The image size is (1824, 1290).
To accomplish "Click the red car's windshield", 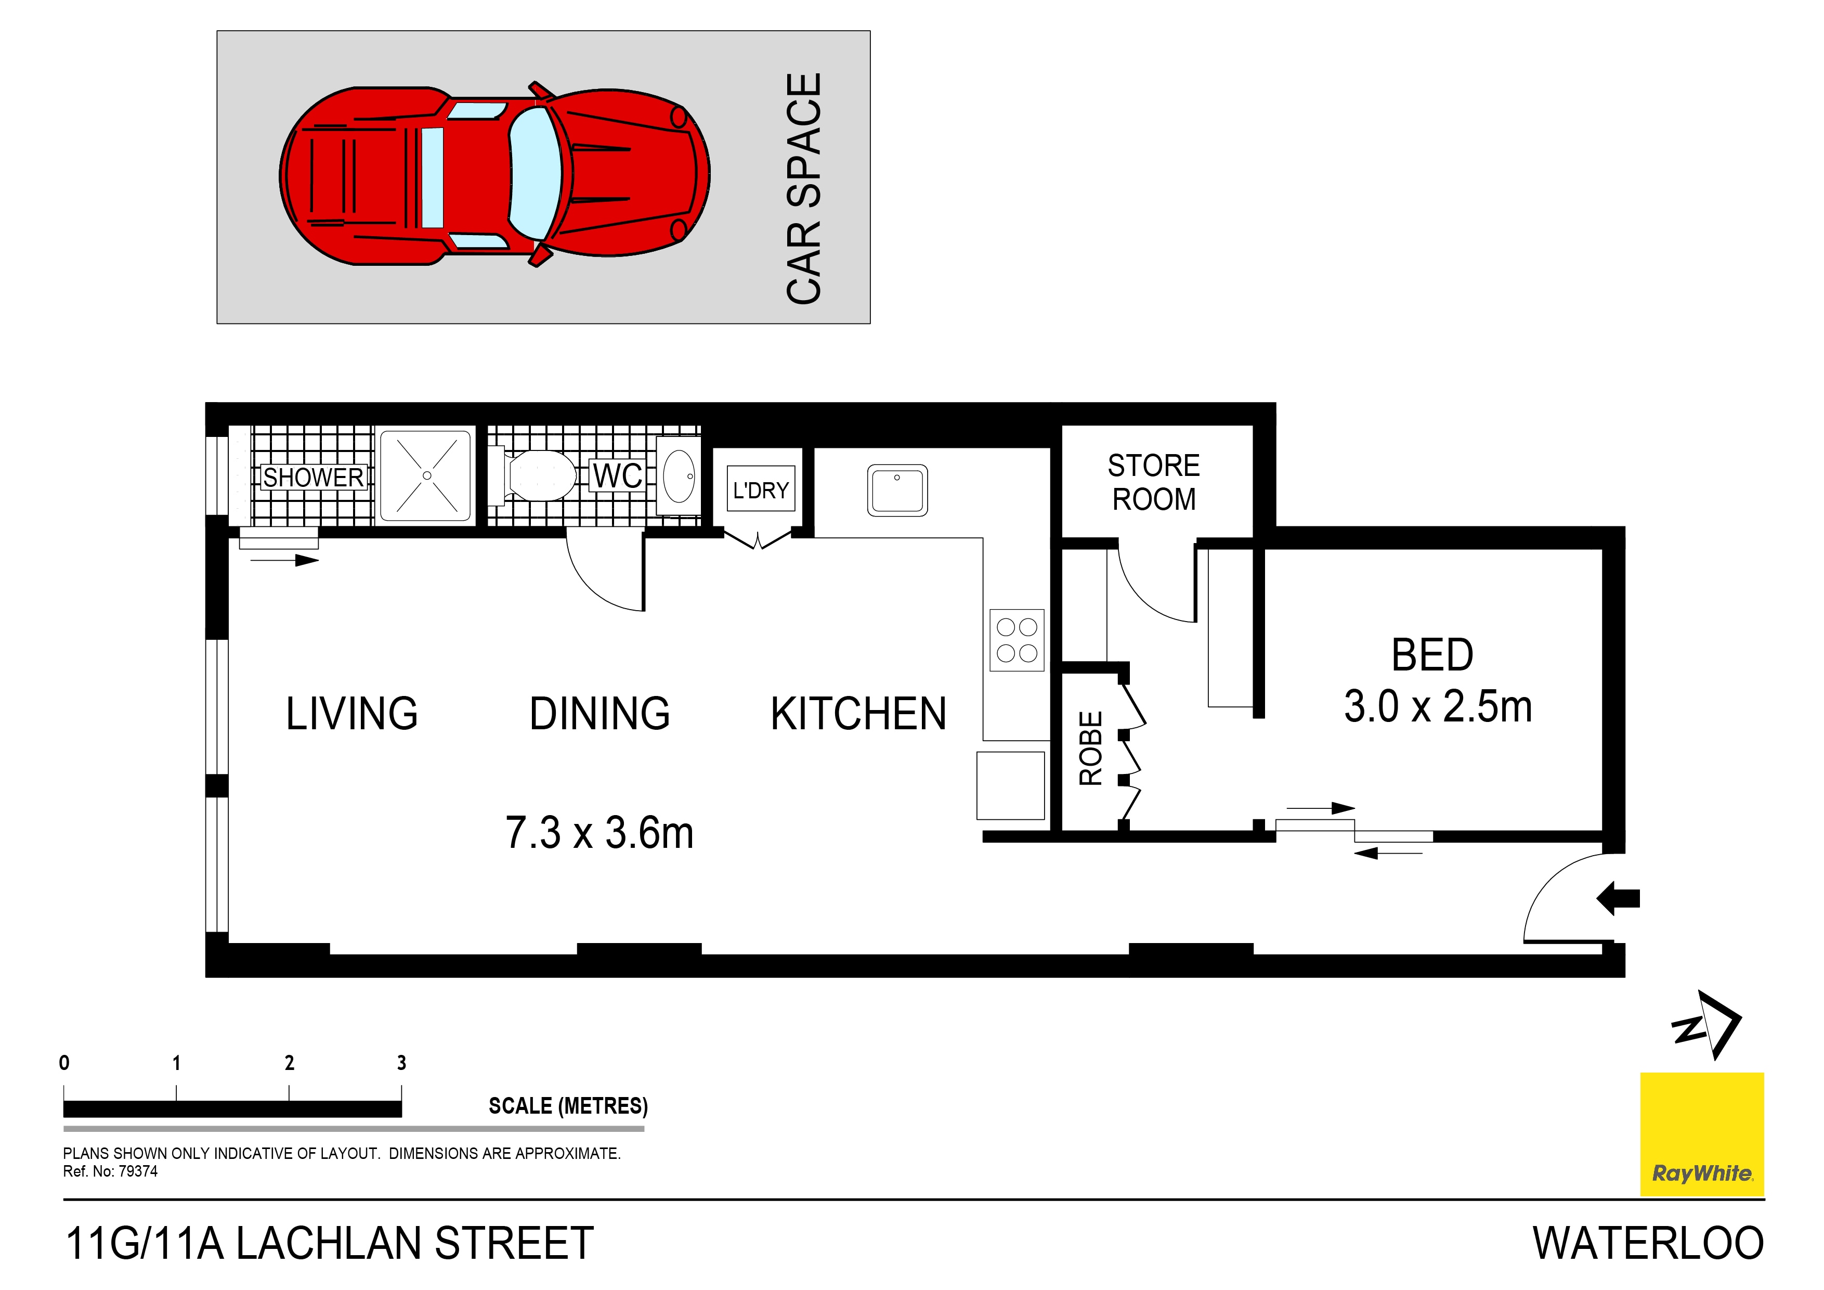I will pos(534,174).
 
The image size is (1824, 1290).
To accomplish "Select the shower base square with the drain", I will pos(426,475).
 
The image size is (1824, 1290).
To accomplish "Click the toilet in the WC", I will pos(540,475).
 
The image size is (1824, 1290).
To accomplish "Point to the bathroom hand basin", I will pos(678,476).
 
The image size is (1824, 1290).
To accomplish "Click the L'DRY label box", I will pos(760,489).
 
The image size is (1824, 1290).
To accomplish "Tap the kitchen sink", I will pos(897,489).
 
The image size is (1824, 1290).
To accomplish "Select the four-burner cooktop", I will pos(1017,640).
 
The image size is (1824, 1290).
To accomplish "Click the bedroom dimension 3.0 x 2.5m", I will pos(1437,706).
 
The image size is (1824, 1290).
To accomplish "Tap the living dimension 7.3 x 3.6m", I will pos(599,833).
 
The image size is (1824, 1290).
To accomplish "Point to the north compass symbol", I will pos(1708,1025).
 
